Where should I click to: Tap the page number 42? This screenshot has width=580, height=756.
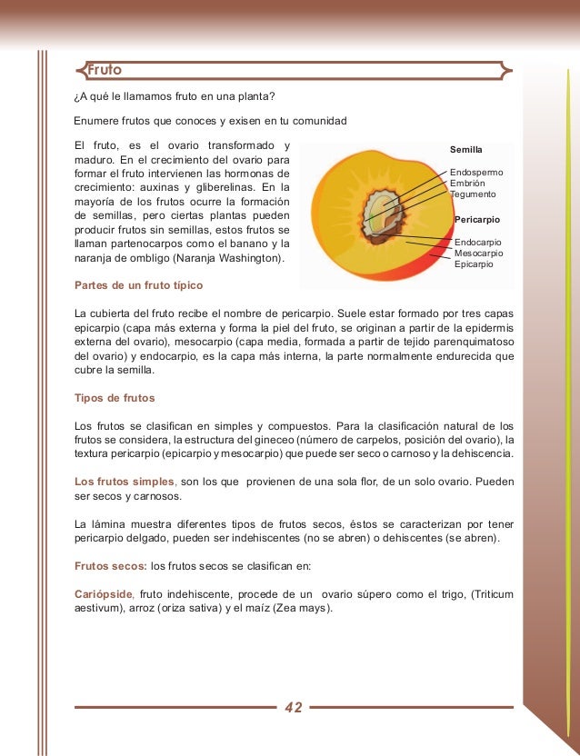click(294, 708)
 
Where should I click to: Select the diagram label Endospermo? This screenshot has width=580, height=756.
click(476, 172)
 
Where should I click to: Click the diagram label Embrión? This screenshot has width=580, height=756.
click(467, 183)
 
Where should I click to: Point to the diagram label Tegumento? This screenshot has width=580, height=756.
click(473, 194)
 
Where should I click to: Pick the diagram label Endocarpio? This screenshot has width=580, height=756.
click(476, 243)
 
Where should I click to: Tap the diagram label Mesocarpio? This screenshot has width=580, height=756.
click(477, 254)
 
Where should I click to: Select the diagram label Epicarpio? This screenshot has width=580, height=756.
click(474, 264)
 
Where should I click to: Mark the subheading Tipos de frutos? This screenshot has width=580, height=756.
click(114, 398)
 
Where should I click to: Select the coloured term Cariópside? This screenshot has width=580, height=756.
click(104, 593)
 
